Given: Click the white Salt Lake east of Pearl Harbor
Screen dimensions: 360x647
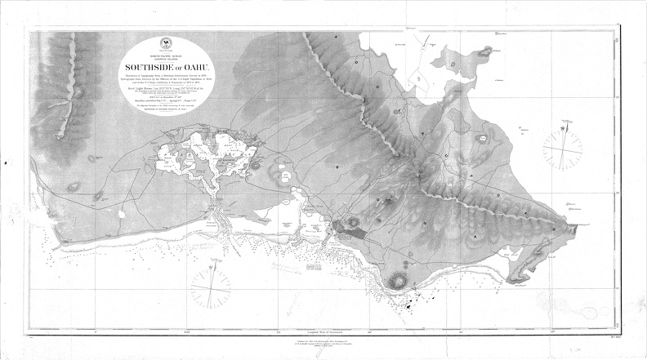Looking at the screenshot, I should click(x=281, y=173).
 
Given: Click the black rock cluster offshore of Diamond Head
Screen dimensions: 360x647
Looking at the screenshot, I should click(x=406, y=304).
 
